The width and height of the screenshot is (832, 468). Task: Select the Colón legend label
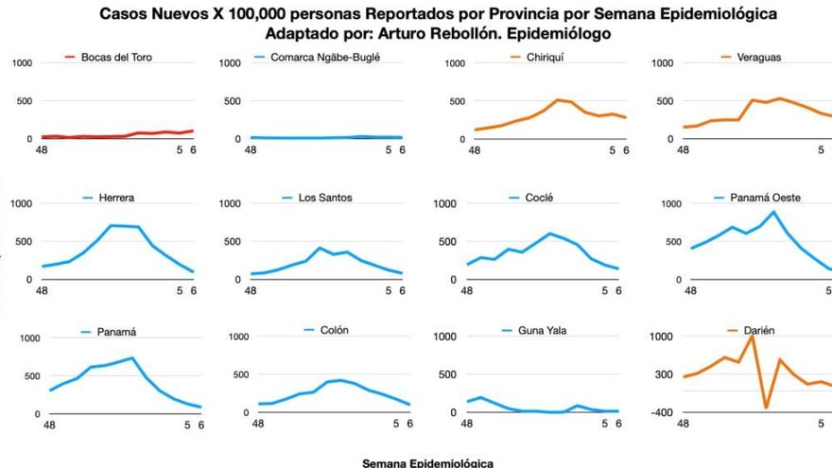[x=335, y=330]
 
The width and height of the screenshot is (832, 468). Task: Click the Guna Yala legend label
[x=542, y=330]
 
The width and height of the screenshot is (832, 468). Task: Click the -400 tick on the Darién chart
[x=661, y=413]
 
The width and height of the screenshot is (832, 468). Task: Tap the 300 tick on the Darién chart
[x=663, y=375]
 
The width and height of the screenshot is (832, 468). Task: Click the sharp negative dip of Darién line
[x=767, y=407]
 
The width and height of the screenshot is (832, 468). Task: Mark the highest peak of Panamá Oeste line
[x=775, y=212]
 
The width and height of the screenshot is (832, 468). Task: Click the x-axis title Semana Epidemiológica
[x=427, y=463]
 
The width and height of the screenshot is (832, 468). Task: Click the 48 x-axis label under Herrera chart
[x=42, y=291]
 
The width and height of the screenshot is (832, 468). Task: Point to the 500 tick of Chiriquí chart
[x=456, y=101]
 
